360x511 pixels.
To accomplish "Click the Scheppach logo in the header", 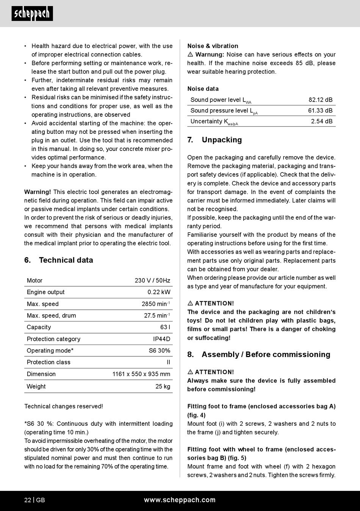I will point(32,14).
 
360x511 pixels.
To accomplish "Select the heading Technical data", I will point(66,260).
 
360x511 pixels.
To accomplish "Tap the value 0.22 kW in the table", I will point(159,292).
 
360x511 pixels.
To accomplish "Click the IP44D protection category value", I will point(161,339).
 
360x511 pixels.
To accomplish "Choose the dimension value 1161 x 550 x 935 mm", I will point(141,374).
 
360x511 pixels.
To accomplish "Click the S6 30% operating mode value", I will point(159,351).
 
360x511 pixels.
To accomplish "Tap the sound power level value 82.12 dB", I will point(320,100).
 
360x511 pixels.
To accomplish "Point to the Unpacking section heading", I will point(222,140).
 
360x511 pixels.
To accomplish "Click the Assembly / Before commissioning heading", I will point(266,354).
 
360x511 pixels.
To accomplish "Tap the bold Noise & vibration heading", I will point(213,46).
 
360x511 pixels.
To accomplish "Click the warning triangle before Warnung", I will point(190,55).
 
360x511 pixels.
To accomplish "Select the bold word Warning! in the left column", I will point(38,192).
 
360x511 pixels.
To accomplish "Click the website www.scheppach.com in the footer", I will point(180,500).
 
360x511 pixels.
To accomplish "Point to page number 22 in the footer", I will point(28,500).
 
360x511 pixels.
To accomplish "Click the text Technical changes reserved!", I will point(64,406).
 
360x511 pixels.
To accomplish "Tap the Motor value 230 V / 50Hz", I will point(152,281).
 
